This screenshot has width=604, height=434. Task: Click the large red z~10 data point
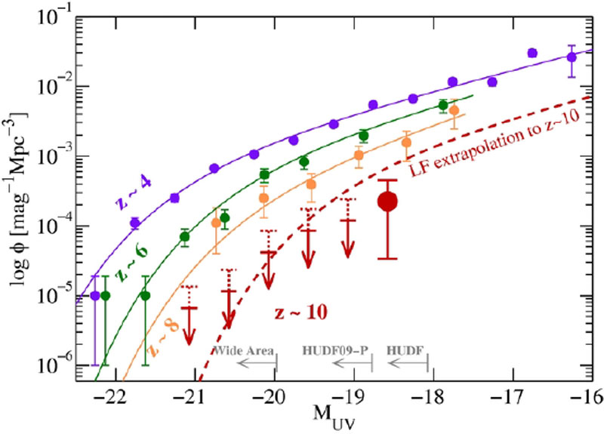pyautogui.click(x=387, y=202)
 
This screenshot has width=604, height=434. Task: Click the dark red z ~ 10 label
pyautogui.click(x=300, y=312)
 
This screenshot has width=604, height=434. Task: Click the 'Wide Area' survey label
pyautogui.click(x=245, y=351)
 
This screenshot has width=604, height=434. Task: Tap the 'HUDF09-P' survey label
pyautogui.click(x=337, y=351)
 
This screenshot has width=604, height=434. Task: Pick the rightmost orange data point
pyautogui.click(x=454, y=111)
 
